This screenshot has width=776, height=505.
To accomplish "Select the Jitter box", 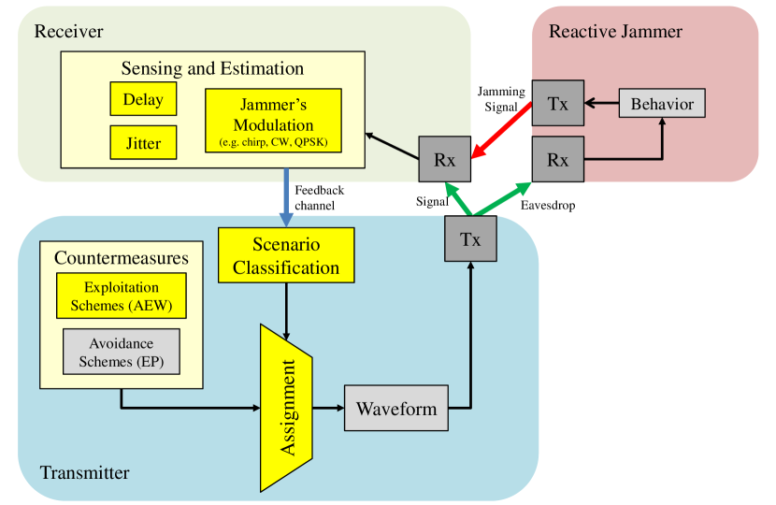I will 142,143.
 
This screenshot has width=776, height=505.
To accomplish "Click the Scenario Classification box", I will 286,255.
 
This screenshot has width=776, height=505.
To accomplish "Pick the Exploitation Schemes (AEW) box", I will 122,296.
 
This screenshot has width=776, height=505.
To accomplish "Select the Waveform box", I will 396,409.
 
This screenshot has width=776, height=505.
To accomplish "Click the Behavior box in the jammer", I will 662,103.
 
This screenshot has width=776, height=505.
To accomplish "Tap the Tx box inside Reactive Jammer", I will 557,103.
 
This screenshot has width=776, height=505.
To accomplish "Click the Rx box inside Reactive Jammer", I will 557,159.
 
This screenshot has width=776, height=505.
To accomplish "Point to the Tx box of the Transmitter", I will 470,238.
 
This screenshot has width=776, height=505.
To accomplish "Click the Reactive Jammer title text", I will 615,32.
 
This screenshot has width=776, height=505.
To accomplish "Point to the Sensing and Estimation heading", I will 212,68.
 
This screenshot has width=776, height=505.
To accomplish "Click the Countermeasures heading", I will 122,258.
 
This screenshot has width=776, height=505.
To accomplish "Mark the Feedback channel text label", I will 319,197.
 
